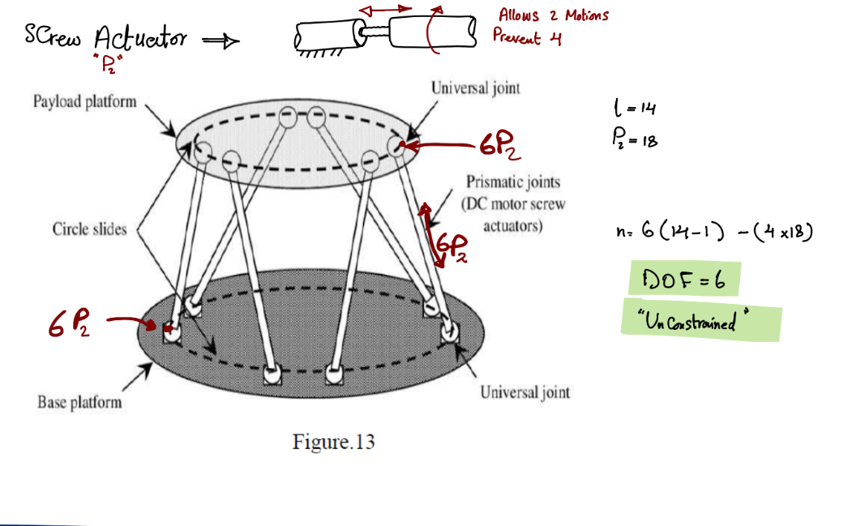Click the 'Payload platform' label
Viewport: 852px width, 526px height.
click(x=85, y=101)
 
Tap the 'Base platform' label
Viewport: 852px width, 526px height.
click(x=80, y=402)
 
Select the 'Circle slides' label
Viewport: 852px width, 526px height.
click(x=90, y=229)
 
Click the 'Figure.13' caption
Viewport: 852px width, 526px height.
click(x=334, y=442)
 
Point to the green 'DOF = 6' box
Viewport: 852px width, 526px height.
click(x=685, y=279)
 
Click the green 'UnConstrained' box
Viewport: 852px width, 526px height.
click(x=701, y=320)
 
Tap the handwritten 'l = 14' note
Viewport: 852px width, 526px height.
click(x=635, y=108)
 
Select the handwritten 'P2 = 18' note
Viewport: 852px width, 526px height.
click(x=635, y=139)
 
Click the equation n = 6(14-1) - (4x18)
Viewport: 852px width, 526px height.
click(x=714, y=231)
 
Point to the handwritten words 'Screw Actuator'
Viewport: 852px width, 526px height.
click(x=106, y=37)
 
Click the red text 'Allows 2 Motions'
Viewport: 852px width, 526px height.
click(x=553, y=15)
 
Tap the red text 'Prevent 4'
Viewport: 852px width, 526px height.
click(x=527, y=37)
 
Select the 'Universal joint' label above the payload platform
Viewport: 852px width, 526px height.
click(x=475, y=88)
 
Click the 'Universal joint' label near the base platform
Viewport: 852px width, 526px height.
click(x=524, y=392)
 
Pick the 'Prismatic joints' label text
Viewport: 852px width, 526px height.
click(x=513, y=182)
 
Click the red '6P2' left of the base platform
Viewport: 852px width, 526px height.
click(x=69, y=323)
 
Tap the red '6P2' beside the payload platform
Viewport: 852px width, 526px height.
click(x=500, y=145)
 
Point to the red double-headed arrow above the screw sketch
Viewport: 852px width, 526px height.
click(x=385, y=10)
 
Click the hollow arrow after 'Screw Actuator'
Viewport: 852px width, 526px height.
click(x=220, y=41)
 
